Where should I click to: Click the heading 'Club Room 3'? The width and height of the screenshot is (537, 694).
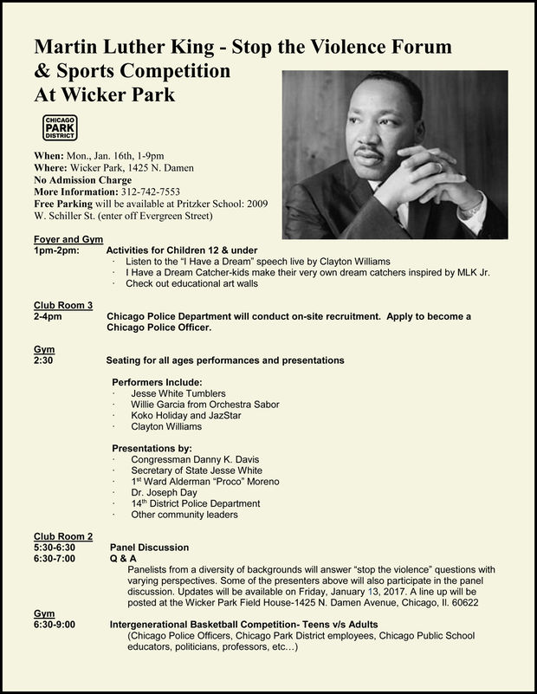(63, 305)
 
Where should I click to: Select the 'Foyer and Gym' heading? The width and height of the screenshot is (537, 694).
(68, 238)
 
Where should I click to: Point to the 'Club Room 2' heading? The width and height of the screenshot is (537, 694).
(63, 536)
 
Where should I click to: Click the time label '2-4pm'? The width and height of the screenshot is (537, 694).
(48, 316)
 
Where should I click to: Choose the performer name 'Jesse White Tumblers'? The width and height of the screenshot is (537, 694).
(178, 393)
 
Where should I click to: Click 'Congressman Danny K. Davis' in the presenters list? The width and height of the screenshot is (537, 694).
(195, 458)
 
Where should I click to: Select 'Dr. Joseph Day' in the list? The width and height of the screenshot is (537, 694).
(164, 492)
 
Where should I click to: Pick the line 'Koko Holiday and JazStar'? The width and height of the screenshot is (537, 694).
(186, 415)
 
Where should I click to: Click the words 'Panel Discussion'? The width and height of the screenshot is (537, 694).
(149, 548)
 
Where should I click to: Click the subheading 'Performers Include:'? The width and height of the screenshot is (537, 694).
(158, 382)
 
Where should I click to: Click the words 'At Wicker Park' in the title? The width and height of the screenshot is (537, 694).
(104, 94)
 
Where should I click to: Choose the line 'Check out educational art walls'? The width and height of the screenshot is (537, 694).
(191, 283)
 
